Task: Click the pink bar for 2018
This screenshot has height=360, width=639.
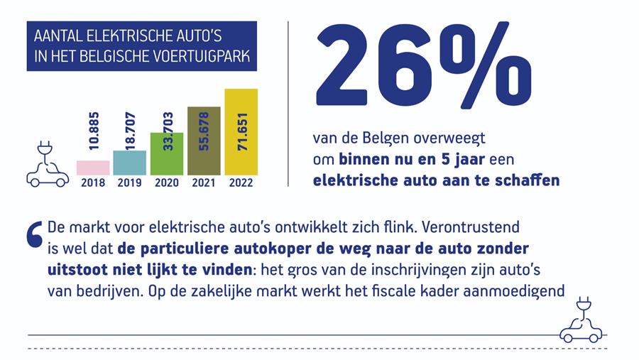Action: pyautogui.click(x=93, y=168)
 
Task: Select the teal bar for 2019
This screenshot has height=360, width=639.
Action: pyautogui.click(x=130, y=163)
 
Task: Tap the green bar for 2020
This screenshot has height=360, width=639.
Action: pyautogui.click(x=167, y=153)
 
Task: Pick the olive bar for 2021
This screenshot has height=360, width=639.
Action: pyautogui.click(x=204, y=141)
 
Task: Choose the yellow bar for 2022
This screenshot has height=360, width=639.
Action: pyautogui.click(x=241, y=132)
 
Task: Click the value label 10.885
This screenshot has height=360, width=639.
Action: pyautogui.click(x=94, y=130)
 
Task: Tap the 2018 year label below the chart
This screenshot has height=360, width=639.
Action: pyautogui.click(x=93, y=182)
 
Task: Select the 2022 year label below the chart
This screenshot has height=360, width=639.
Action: pyautogui.click(x=241, y=182)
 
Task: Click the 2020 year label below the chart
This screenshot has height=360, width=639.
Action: pyautogui.click(x=167, y=182)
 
